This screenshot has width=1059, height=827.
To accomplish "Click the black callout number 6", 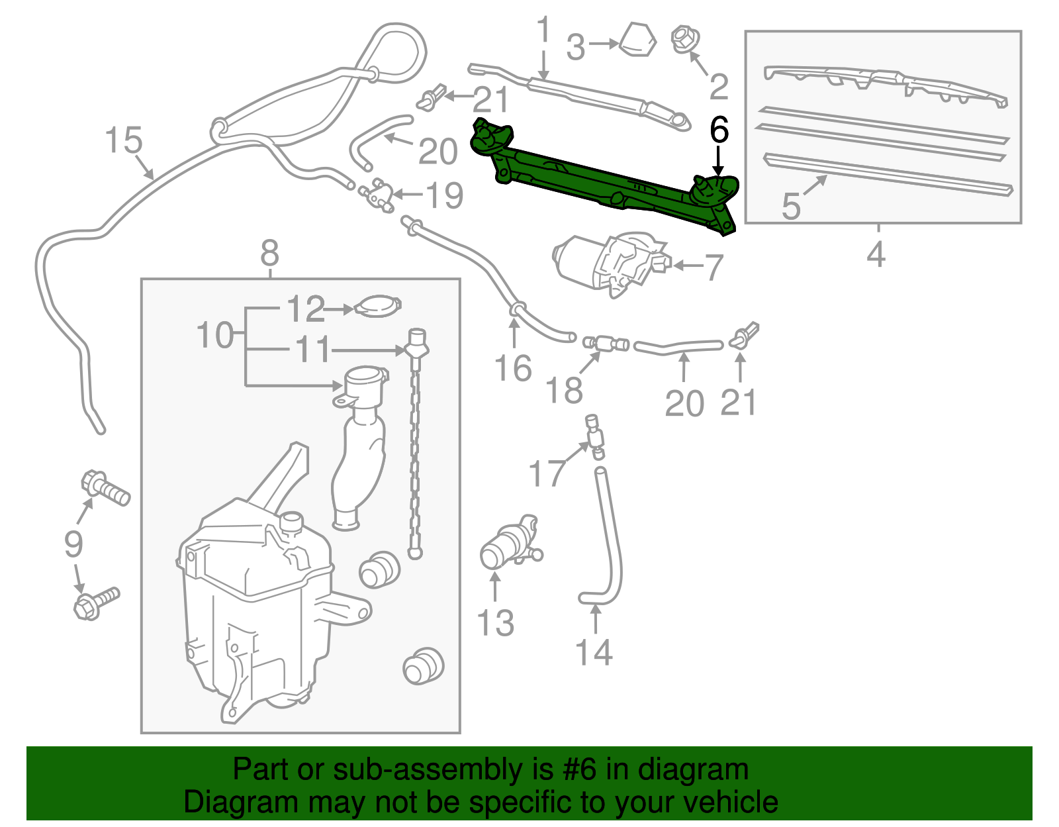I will (x=719, y=130).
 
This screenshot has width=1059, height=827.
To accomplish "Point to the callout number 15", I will (x=124, y=141).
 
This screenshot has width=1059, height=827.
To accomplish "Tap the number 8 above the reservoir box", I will (x=269, y=253).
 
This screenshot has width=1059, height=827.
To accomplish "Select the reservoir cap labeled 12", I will (x=379, y=307).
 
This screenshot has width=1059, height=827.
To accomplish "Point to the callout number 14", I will (x=594, y=652).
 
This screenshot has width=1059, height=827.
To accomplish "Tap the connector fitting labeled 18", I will (x=604, y=343).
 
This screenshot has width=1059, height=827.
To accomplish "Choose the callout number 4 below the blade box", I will (x=876, y=254).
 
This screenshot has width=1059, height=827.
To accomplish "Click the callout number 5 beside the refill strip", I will (x=791, y=207).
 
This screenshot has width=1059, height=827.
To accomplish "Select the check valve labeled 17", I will (x=595, y=435).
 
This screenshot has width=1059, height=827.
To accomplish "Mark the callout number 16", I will (x=513, y=368).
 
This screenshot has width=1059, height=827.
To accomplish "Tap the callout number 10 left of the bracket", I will (x=216, y=335).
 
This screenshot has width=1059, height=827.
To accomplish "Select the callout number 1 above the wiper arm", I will (x=543, y=31).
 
